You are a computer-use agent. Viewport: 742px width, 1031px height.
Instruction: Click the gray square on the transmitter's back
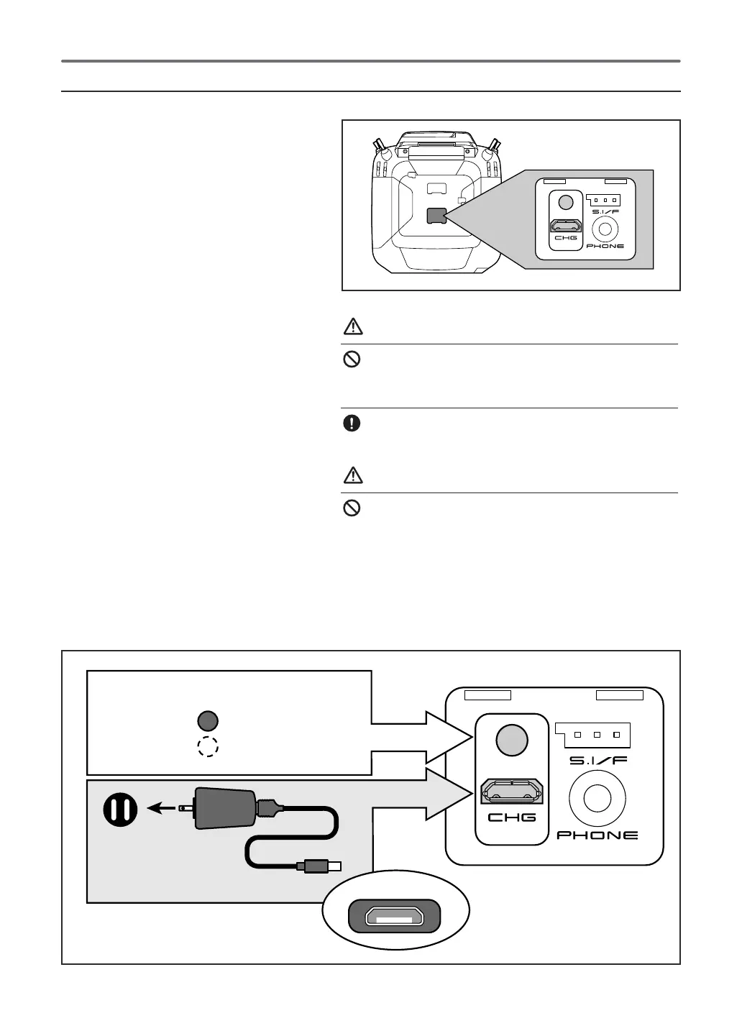[436, 216]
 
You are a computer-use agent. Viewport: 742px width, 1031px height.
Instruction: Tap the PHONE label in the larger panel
[597, 835]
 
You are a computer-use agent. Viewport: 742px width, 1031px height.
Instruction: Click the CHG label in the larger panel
[512, 817]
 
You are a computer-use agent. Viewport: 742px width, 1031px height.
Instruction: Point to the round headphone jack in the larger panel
[597, 798]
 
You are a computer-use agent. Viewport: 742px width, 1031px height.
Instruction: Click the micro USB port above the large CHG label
[512, 791]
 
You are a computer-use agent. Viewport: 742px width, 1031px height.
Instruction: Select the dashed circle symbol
[208, 747]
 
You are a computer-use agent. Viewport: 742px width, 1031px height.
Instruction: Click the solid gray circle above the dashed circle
[208, 720]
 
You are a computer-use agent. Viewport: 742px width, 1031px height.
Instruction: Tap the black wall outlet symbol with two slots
[120, 810]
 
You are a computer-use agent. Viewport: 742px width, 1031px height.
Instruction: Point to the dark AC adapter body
[224, 809]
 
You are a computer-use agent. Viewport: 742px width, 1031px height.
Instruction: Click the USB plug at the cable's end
[321, 866]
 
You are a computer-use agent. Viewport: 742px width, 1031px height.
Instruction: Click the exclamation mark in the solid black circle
[352, 423]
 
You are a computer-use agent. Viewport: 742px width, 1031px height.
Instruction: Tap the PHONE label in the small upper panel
[605, 246]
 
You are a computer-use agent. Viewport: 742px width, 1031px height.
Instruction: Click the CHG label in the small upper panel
[565, 237]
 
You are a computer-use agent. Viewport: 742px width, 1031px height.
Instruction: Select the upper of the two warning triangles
[352, 327]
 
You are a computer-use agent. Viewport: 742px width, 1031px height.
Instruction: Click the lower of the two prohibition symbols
[352, 508]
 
